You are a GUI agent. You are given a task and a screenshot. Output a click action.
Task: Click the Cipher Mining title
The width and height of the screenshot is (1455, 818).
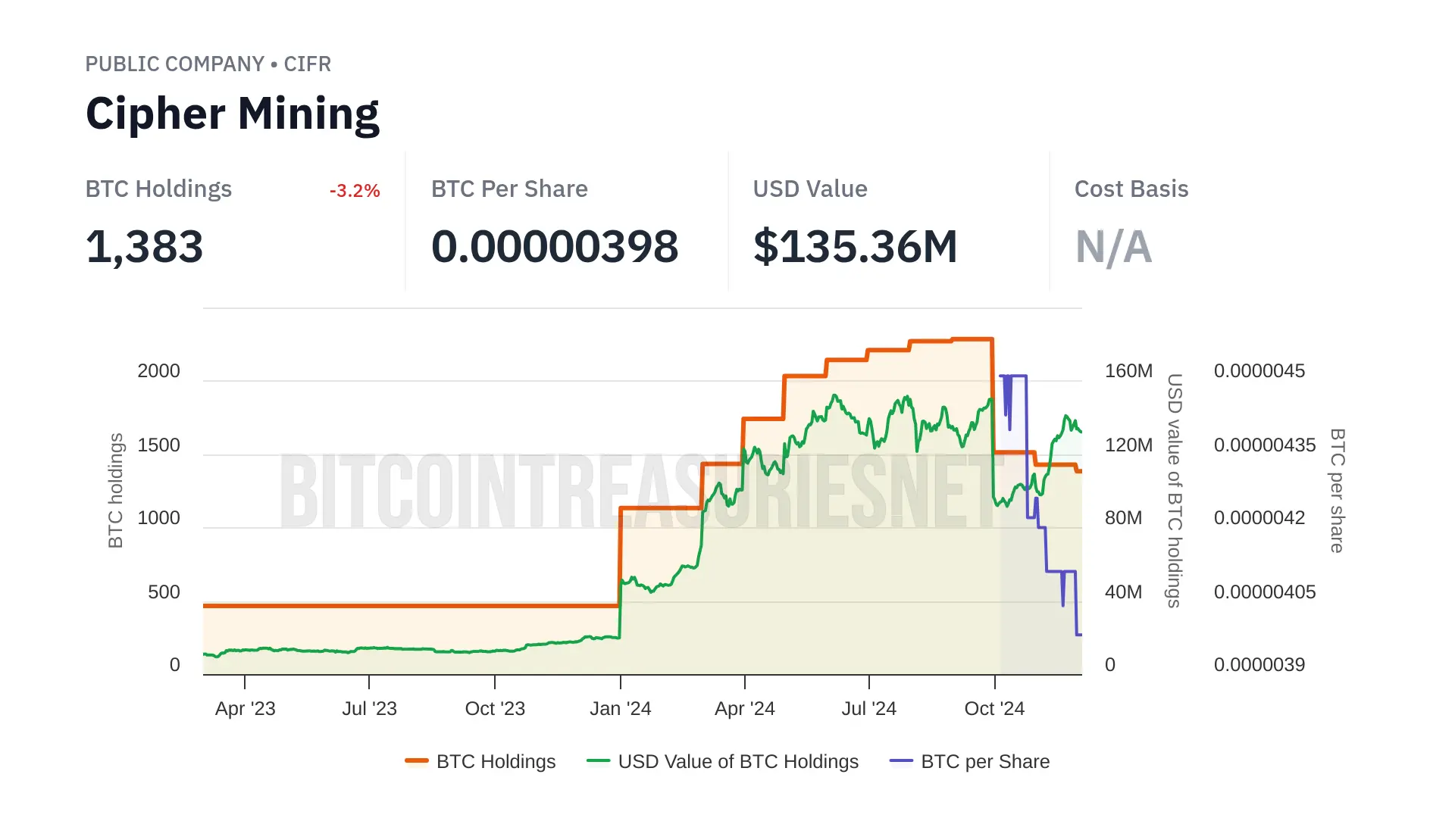click(232, 114)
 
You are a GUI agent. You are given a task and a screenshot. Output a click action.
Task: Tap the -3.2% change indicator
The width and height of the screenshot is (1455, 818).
click(354, 191)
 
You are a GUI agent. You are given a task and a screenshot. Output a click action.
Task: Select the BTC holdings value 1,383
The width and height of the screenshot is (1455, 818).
click(144, 247)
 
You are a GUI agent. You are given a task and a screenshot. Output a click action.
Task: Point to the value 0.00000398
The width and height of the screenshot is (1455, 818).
click(554, 247)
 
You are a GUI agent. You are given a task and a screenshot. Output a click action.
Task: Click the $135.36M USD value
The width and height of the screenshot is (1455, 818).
click(855, 247)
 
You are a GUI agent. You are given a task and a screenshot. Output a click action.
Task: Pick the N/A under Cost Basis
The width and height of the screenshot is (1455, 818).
click(1113, 247)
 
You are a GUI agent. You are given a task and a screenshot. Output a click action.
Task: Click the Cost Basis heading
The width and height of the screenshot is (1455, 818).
click(1131, 189)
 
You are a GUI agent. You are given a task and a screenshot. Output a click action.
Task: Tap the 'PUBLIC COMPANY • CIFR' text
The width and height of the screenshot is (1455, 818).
click(208, 64)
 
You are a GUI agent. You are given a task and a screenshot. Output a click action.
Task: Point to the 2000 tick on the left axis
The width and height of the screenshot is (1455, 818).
click(158, 371)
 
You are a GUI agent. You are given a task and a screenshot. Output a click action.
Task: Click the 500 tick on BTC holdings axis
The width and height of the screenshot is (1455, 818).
click(164, 592)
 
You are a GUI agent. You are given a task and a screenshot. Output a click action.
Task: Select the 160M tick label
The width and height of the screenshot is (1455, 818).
click(1128, 371)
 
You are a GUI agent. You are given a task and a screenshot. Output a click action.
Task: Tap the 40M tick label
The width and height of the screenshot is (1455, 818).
click(1123, 592)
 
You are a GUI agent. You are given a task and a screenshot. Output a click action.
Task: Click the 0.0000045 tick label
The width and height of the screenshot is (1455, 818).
click(1259, 371)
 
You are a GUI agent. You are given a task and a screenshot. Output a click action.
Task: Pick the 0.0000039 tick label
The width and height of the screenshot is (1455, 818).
click(1259, 665)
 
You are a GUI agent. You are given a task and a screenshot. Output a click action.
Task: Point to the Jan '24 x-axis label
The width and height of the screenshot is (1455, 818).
click(620, 709)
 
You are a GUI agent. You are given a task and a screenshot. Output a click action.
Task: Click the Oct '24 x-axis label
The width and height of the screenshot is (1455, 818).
click(993, 709)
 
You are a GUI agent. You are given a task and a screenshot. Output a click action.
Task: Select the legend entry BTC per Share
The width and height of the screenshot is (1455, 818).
click(984, 762)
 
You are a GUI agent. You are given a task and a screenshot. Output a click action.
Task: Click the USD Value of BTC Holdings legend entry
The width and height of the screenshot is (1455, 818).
click(737, 762)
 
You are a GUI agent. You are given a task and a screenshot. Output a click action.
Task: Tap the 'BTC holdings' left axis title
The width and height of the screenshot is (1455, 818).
click(115, 491)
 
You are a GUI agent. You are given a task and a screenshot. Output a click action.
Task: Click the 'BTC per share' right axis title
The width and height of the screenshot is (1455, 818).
click(1338, 491)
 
